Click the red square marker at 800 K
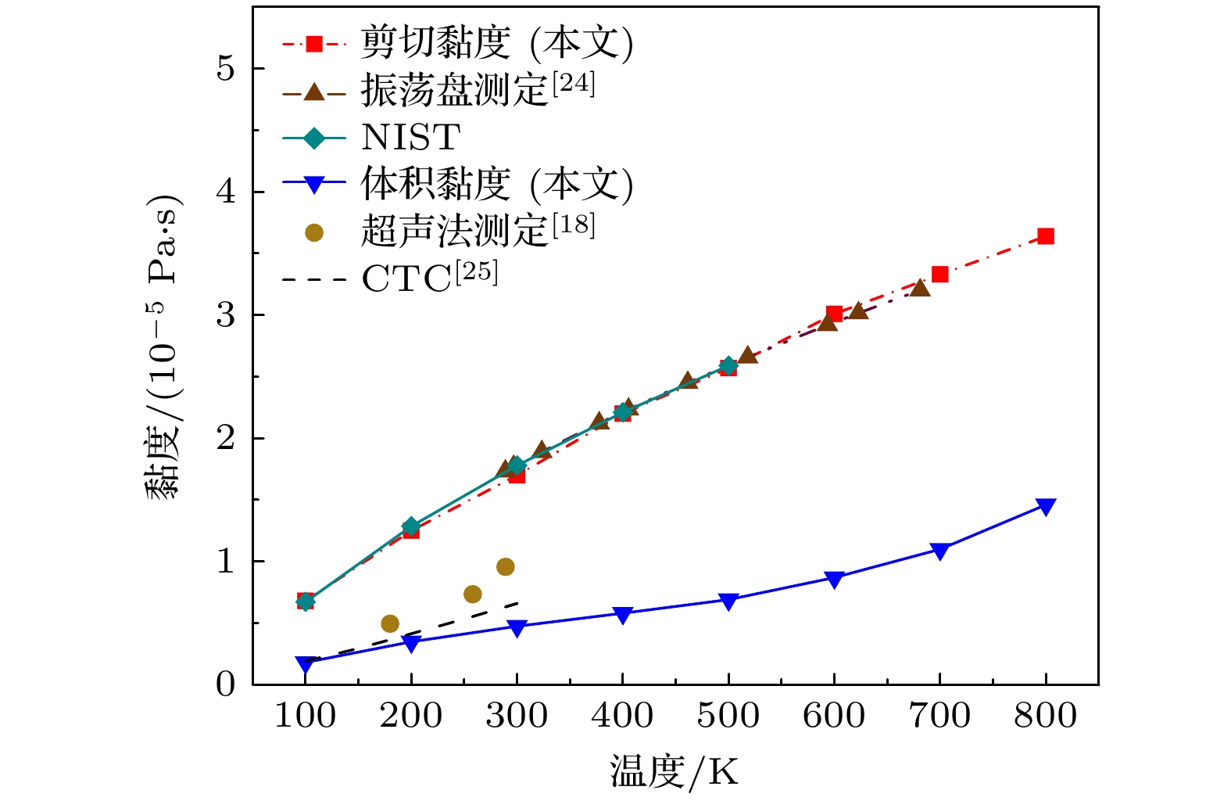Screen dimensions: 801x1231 point(1045,236)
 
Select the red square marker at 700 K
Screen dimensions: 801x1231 point(939,274)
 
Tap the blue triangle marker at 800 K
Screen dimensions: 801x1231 point(1045,507)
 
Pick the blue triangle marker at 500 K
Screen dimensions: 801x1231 point(728,602)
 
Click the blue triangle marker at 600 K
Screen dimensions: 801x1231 point(834,580)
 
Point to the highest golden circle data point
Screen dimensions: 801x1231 point(505,566)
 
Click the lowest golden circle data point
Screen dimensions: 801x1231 point(389,623)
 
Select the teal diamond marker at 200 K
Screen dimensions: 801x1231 point(410,526)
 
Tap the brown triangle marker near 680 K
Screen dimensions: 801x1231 point(920,288)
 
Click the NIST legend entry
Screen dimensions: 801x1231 point(410,138)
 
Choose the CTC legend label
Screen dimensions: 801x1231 point(429,278)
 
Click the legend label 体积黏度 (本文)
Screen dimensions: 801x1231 point(496,185)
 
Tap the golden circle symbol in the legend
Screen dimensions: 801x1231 point(313,232)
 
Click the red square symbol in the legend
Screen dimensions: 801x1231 point(313,44)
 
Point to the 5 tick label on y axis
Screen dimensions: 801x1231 point(225,69)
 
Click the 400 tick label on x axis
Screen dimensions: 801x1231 point(622,716)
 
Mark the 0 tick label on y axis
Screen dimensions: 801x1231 point(225,684)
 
